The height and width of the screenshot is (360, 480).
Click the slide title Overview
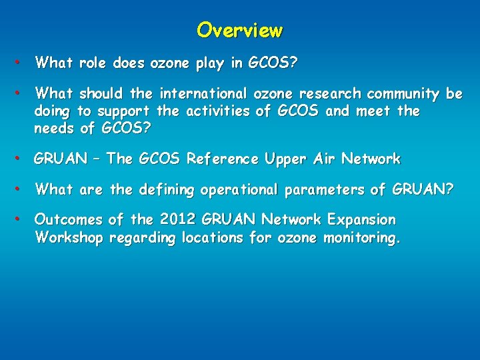click(240, 31)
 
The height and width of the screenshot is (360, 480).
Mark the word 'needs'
click(55, 128)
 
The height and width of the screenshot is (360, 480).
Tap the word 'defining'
click(166, 191)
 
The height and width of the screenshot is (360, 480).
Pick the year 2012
click(176, 220)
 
